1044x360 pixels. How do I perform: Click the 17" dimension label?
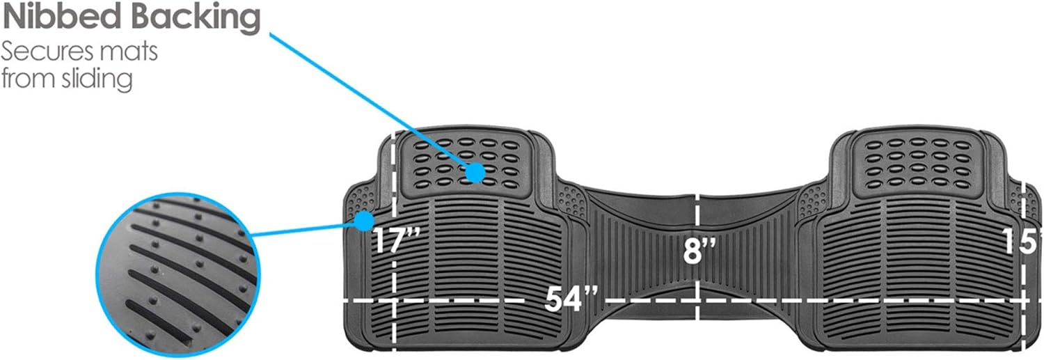[x=396, y=241]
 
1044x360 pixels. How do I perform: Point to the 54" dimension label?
[x=572, y=299]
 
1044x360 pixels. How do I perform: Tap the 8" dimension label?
[x=699, y=251]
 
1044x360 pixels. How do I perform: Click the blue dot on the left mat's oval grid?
[x=475, y=171]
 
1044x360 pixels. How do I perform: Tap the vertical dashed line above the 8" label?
[x=698, y=213]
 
